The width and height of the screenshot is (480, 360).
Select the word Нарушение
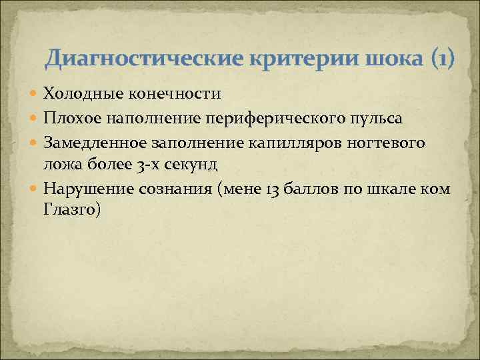click(85, 189)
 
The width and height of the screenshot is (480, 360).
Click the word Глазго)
click(72, 210)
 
